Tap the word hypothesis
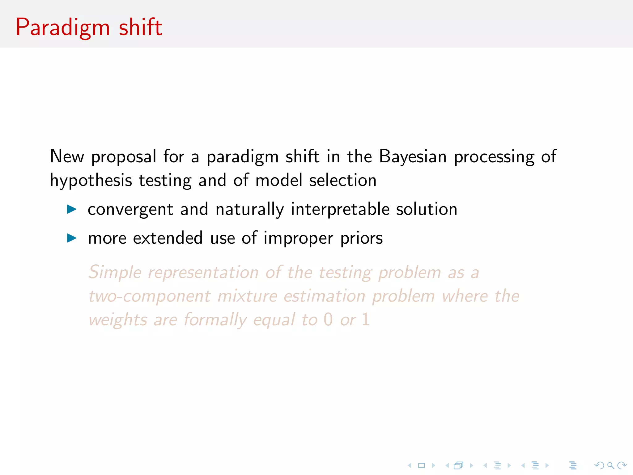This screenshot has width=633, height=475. pos(91,181)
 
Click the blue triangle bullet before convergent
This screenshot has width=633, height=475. pos(72,209)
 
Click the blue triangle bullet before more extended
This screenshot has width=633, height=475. pos(72,238)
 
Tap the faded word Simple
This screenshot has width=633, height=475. pos(115,273)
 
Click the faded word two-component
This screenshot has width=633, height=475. pos(150,296)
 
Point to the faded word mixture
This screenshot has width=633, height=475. pos(247,296)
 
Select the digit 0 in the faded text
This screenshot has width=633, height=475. pos(328,319)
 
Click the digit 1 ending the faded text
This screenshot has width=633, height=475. pos(366,319)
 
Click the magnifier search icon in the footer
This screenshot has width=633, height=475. pos(610,465)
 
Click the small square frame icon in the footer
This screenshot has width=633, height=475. pos(421,465)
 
